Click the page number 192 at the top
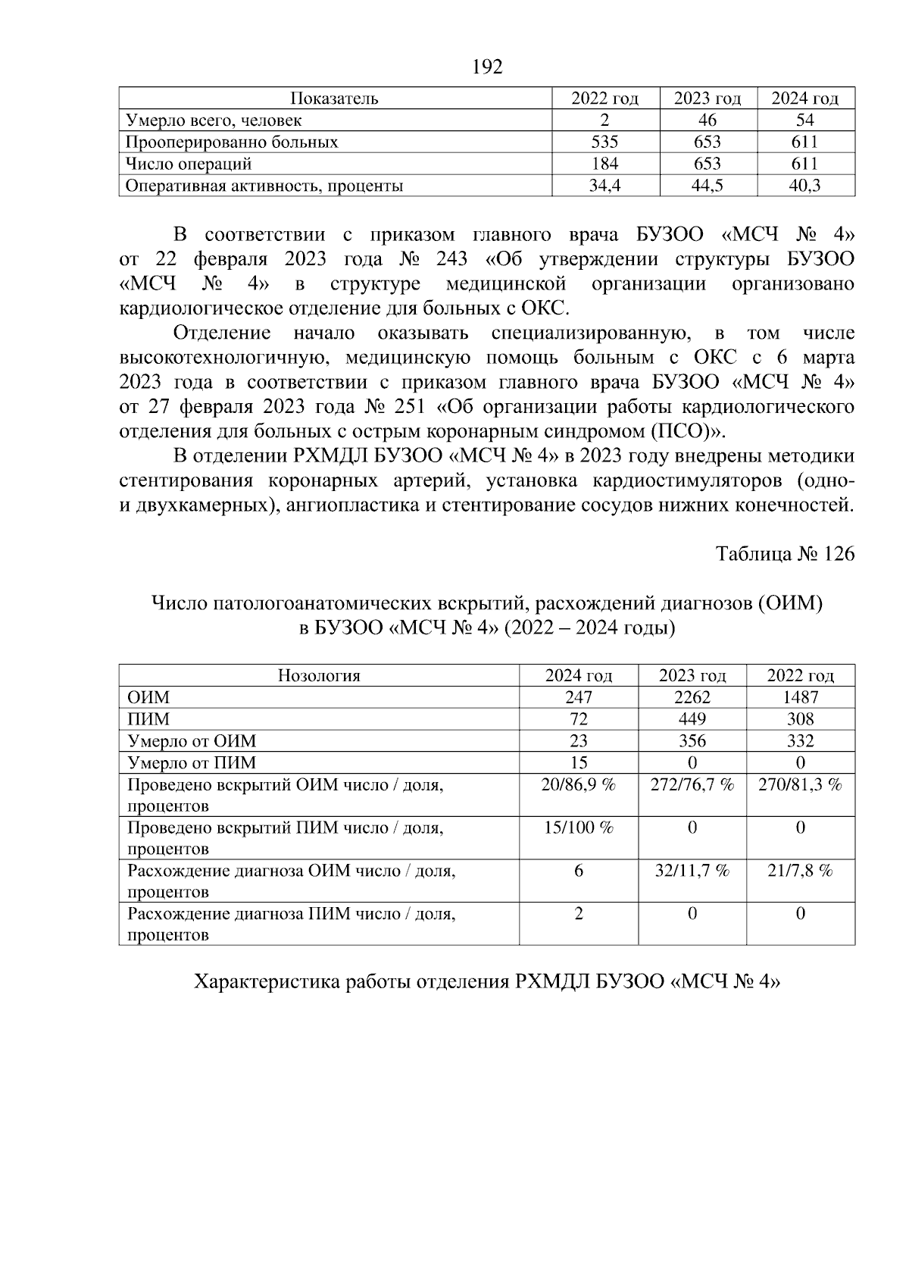click(x=487, y=67)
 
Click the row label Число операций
click(x=189, y=164)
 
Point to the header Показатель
click(x=334, y=99)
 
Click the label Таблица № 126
click(x=786, y=554)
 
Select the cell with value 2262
click(x=692, y=697)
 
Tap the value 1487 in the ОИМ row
click(x=800, y=697)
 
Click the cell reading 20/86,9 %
click(x=578, y=784)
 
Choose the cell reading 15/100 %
click(x=578, y=828)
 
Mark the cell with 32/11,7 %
click(x=692, y=871)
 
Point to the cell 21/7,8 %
click(x=800, y=871)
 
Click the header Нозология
click(x=318, y=675)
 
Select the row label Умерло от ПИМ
click(x=192, y=762)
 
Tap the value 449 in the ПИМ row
click(x=692, y=719)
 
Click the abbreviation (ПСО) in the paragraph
click(x=678, y=431)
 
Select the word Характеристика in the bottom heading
click(x=267, y=982)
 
